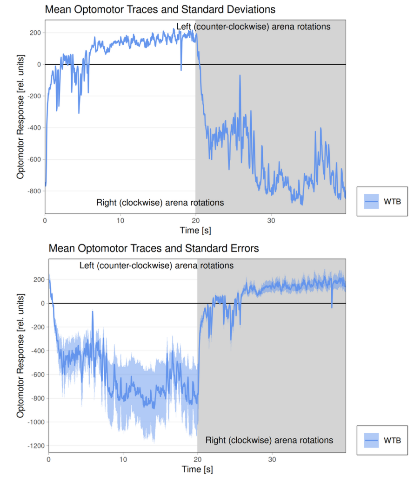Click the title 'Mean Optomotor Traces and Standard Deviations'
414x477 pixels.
point(160,9)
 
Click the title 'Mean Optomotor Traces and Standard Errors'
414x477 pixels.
point(154,248)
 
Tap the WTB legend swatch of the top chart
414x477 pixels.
point(371,201)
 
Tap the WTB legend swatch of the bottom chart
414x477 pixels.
point(371,440)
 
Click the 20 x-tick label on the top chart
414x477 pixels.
point(195,220)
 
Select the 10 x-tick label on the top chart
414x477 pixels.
point(120,220)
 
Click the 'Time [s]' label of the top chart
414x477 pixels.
point(195,230)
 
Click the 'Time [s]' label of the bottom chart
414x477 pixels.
point(197,469)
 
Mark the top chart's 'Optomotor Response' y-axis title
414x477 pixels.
point(20,116)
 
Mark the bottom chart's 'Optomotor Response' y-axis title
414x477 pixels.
point(20,355)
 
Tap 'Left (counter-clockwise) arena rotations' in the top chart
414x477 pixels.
point(253,27)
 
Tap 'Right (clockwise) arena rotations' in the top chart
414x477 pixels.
point(160,203)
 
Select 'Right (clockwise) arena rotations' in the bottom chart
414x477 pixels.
point(269,440)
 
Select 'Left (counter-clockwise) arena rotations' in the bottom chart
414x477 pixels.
point(156,266)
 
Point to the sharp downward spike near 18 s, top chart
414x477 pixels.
point(181,69)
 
